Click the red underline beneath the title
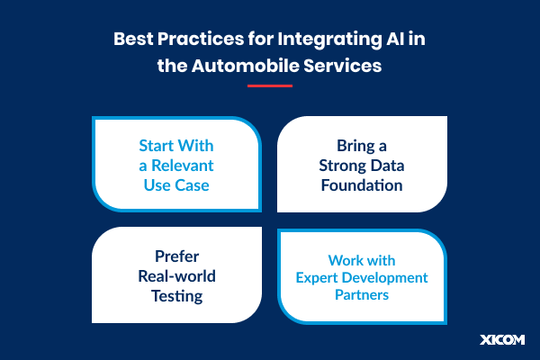[270, 86]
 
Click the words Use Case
[176, 185]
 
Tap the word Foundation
[362, 185]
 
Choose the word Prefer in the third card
[176, 256]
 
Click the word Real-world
[176, 275]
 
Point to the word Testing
[176, 295]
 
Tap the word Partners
[362, 296]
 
